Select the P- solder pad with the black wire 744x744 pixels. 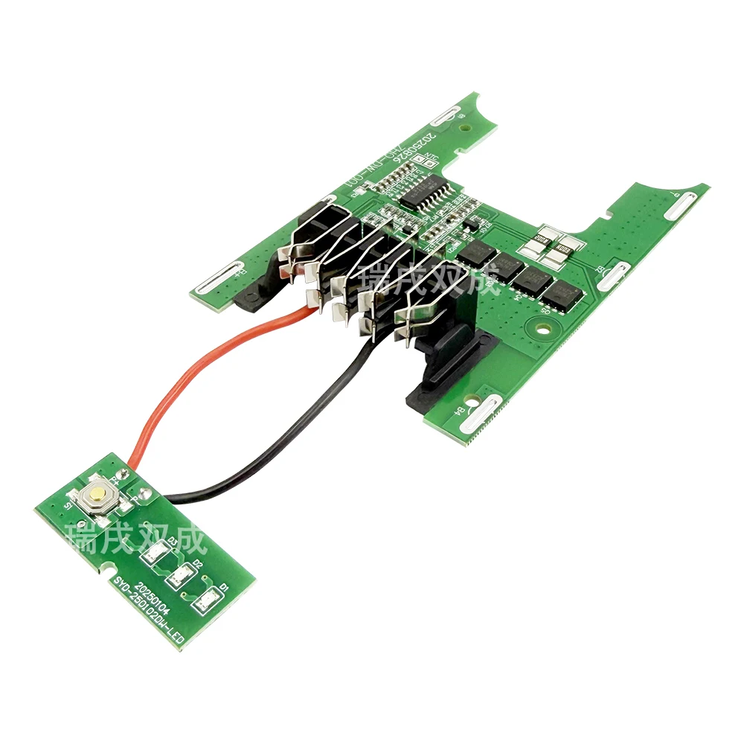[x=146, y=494]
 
